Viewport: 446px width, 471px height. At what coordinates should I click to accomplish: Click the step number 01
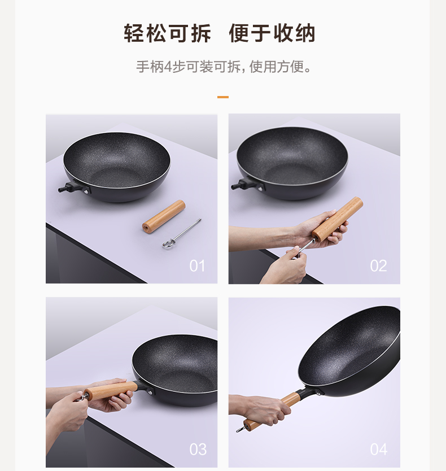click(x=197, y=266)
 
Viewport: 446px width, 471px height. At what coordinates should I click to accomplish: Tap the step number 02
click(x=378, y=266)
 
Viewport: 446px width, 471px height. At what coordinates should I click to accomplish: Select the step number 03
click(x=198, y=450)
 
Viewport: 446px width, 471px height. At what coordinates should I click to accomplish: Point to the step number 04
click(x=379, y=450)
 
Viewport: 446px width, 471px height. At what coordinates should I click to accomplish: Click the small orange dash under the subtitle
click(x=223, y=97)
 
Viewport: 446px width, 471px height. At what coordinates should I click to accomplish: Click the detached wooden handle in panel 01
click(x=164, y=216)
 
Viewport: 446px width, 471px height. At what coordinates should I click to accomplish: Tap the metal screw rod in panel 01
click(x=182, y=233)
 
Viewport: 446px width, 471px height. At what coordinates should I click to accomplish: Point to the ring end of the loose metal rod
click(x=167, y=244)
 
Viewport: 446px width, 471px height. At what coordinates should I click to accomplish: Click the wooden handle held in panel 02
click(x=337, y=219)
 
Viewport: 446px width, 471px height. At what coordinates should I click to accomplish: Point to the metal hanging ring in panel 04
click(x=241, y=429)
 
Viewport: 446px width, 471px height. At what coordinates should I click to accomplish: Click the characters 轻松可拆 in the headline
click(x=168, y=33)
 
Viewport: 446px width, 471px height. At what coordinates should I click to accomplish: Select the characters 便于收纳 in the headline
click(x=272, y=33)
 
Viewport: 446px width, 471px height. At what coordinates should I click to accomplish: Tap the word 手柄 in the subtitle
click(x=150, y=67)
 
